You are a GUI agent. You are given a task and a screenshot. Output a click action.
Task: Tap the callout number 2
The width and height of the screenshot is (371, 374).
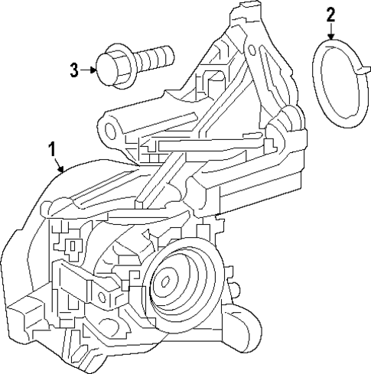click(x=330, y=13)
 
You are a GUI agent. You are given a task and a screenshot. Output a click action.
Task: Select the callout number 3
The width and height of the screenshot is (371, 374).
click(x=74, y=70)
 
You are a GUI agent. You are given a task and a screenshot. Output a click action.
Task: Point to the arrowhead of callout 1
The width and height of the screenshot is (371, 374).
click(x=63, y=171)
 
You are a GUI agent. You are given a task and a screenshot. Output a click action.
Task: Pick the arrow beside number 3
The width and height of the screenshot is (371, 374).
click(x=91, y=70)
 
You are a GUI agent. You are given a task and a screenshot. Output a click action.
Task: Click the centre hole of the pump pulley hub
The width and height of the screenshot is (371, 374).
click(x=163, y=283)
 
